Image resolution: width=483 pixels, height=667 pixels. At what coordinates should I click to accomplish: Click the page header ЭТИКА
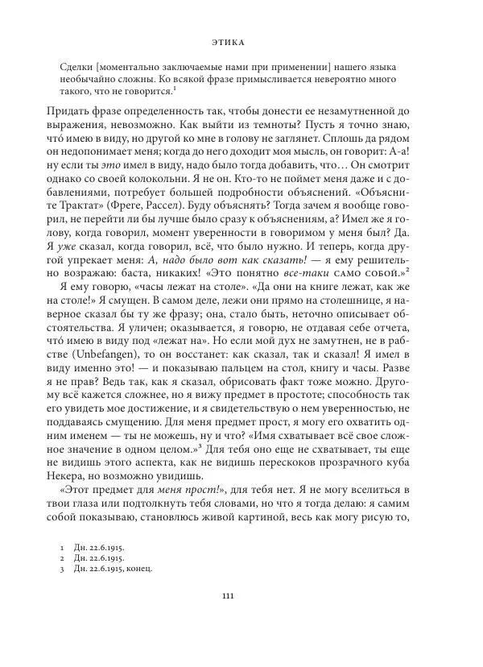242,39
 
